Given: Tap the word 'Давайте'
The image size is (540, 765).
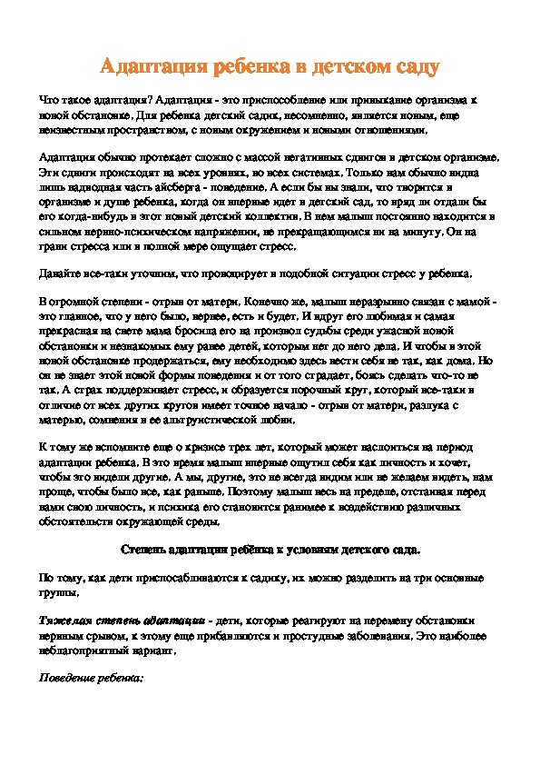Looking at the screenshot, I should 64,273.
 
